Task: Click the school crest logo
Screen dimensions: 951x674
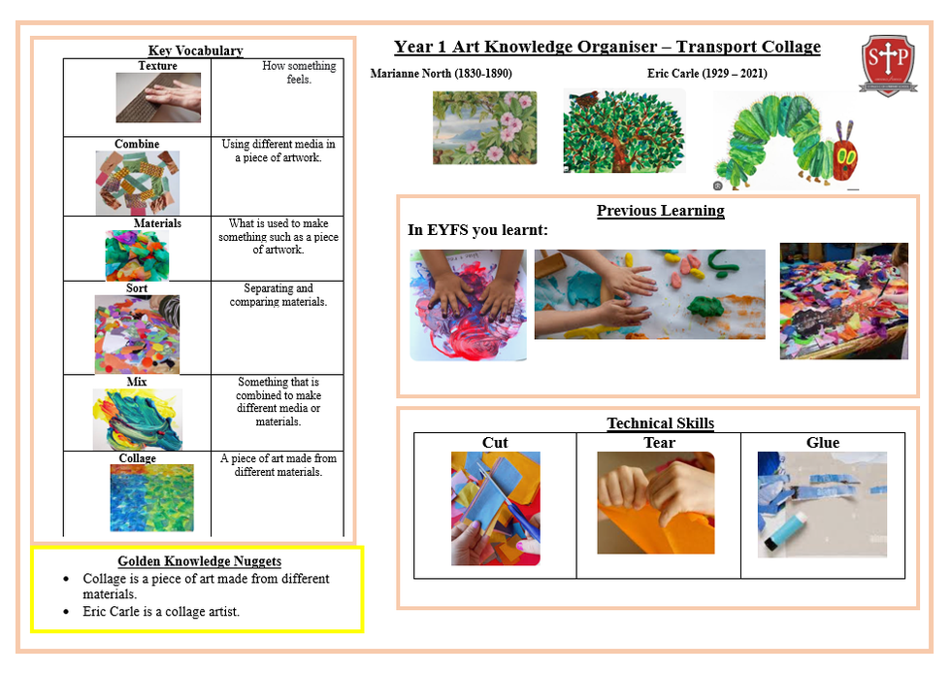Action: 888,65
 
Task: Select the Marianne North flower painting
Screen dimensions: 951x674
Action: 484,127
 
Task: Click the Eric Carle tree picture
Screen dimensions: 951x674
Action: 624,130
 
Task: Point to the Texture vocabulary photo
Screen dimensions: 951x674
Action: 158,98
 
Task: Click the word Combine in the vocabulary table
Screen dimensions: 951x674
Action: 137,144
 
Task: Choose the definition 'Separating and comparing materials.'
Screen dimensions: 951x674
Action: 279,294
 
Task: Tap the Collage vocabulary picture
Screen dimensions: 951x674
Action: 151,498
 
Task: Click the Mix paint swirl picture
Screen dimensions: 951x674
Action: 137,419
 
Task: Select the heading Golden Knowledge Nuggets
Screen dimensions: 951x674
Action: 200,561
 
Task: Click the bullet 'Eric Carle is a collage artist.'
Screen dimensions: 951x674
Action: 161,612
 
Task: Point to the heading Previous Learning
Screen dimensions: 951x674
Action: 661,211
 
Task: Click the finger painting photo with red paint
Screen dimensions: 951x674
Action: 468,305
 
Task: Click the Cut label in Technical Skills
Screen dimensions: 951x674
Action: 495,443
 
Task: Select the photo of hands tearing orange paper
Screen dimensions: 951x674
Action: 656,503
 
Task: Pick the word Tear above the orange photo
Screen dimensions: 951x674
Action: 659,443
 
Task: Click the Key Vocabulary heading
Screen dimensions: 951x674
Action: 196,51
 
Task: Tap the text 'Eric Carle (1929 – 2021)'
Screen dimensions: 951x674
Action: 707,74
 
